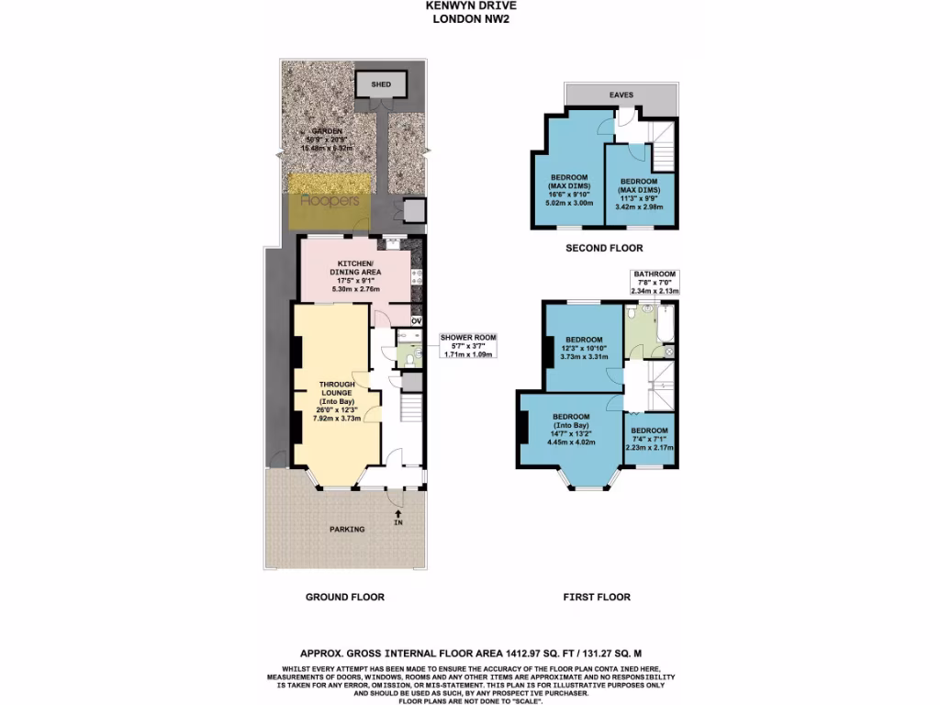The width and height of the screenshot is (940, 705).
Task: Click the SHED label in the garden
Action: point(381,85)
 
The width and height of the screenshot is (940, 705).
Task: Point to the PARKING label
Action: point(347,529)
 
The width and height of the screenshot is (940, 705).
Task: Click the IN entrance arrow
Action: point(397,517)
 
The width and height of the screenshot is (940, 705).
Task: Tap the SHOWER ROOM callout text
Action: point(469,345)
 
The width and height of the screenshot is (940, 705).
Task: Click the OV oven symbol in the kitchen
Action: point(416,321)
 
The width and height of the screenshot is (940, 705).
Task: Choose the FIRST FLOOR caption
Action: point(597,597)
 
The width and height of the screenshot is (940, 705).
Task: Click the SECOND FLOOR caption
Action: point(604,248)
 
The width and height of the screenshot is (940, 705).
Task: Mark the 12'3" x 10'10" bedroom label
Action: point(584,347)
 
